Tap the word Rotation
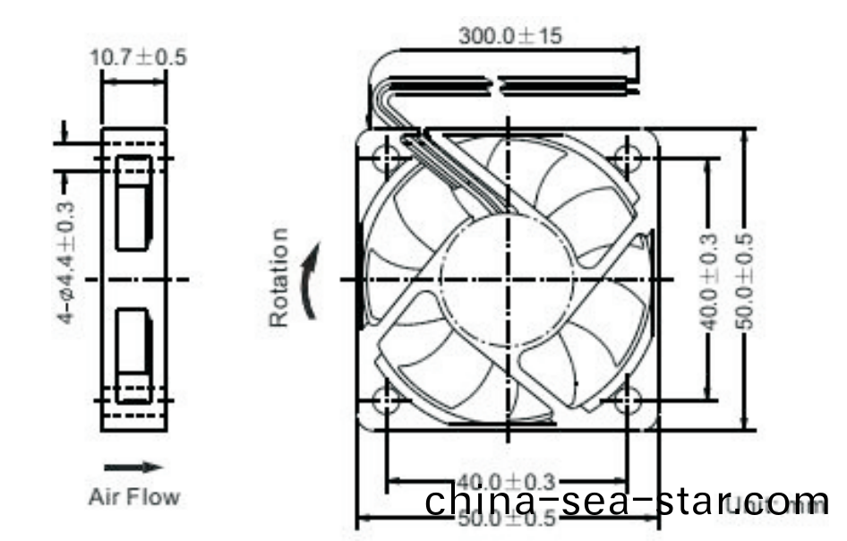tap(280, 278)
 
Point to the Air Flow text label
tap(133, 496)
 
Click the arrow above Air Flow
tap(133, 467)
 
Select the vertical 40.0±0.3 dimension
tap(708, 281)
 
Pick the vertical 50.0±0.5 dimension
tap(745, 281)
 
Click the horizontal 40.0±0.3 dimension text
tap(507, 482)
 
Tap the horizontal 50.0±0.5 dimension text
tap(507, 519)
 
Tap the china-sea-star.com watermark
tap(627, 501)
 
